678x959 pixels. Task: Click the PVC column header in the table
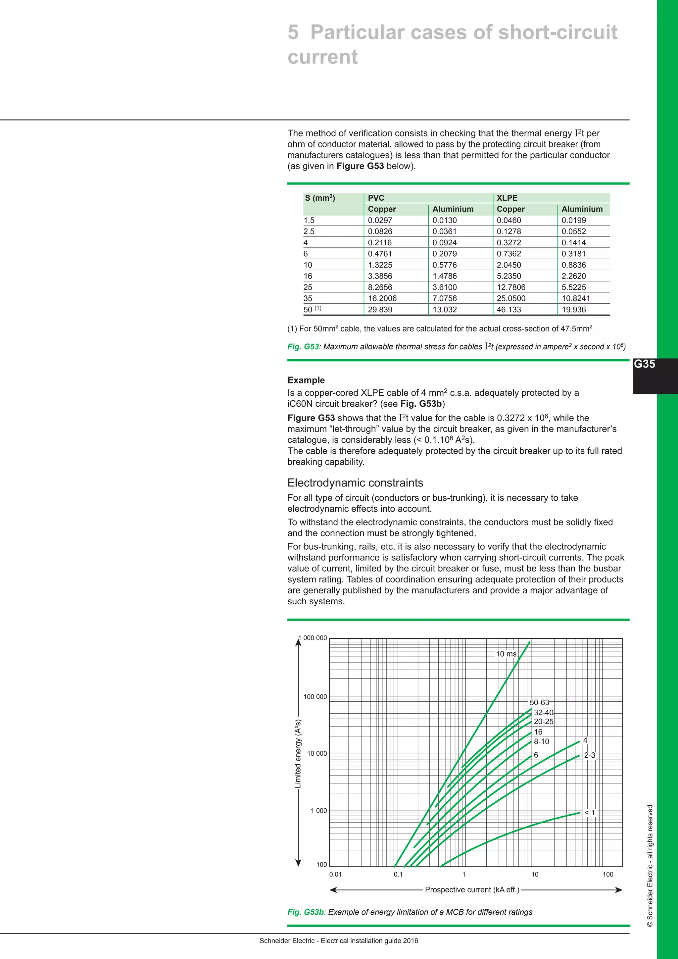376,198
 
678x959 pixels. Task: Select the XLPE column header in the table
507,198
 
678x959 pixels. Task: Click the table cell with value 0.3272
509,243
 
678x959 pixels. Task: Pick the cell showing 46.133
509,310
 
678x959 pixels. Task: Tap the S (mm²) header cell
320,198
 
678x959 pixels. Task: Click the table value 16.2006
382,298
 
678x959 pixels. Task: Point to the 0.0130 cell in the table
444,220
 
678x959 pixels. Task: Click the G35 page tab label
644,364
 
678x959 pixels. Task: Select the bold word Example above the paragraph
306,380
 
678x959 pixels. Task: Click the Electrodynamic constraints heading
355,483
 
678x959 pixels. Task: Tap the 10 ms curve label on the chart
506,654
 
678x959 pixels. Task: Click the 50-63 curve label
539,703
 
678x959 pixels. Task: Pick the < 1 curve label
589,812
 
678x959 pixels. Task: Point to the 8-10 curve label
542,741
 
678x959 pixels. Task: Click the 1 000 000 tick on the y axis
313,638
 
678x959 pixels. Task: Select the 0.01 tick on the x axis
335,874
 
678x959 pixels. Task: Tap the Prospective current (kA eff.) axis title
472,890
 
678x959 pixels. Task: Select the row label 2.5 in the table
309,231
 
